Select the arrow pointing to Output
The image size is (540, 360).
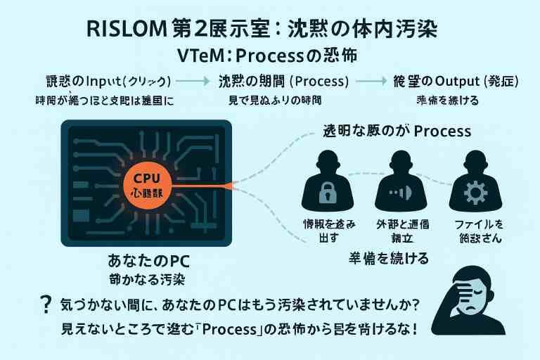[368, 81]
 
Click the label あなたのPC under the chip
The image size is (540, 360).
[147, 261]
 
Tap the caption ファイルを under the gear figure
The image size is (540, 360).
[479, 224]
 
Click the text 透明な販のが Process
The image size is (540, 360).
[397, 131]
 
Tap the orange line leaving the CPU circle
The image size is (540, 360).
[211, 185]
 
